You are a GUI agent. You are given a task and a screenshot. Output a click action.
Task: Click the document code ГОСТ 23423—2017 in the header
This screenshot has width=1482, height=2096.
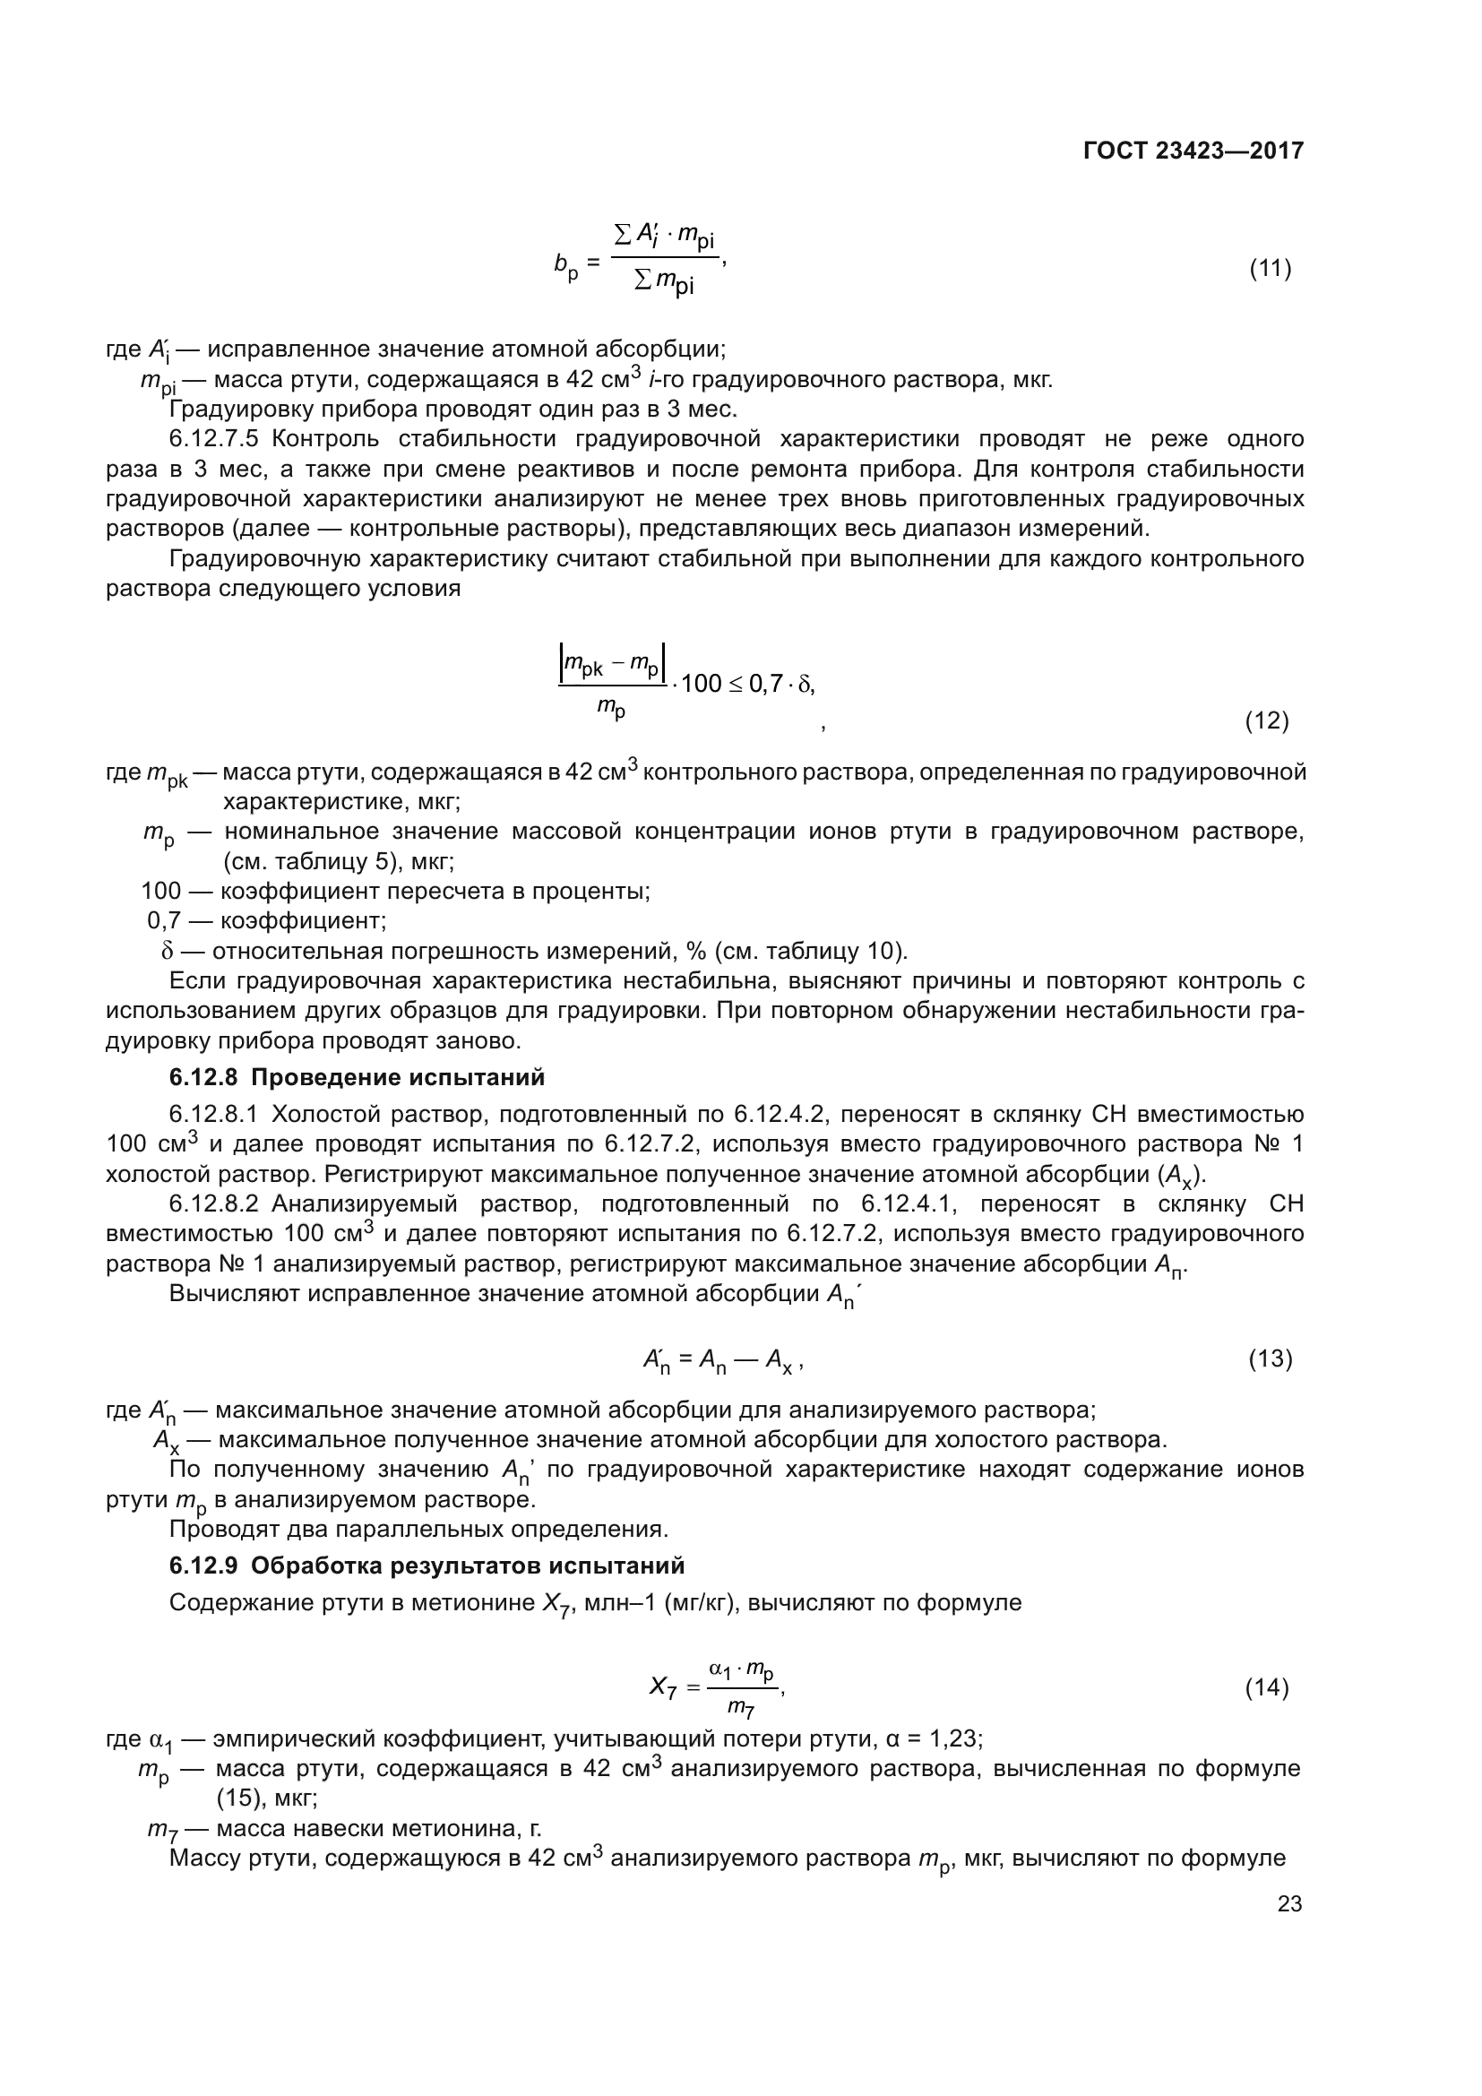click(1193, 151)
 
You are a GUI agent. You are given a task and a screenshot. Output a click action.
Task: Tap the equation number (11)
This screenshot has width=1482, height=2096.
click(1270, 270)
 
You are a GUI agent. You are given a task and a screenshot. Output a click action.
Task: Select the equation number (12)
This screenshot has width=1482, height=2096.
click(1267, 721)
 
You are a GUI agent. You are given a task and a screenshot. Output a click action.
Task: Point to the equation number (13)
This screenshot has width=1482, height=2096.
click(1270, 1359)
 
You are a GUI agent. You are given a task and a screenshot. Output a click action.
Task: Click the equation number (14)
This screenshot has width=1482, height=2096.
click(1267, 1688)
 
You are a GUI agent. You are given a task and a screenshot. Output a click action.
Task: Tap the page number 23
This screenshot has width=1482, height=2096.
click(1289, 1903)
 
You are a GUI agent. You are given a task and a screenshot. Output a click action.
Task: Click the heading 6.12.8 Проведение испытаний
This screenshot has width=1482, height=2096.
click(357, 1077)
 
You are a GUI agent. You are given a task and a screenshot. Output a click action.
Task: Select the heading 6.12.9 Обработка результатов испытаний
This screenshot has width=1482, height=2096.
click(427, 1566)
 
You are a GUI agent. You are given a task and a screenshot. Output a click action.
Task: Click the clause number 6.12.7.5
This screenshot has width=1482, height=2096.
click(214, 439)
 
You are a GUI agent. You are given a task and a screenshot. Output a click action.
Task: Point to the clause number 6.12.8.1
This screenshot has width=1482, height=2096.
click(213, 1115)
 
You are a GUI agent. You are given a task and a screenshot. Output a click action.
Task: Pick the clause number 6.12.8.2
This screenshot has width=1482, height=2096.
click(213, 1204)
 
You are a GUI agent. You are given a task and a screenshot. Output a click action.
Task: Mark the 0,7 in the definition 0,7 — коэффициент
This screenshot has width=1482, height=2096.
click(165, 920)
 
